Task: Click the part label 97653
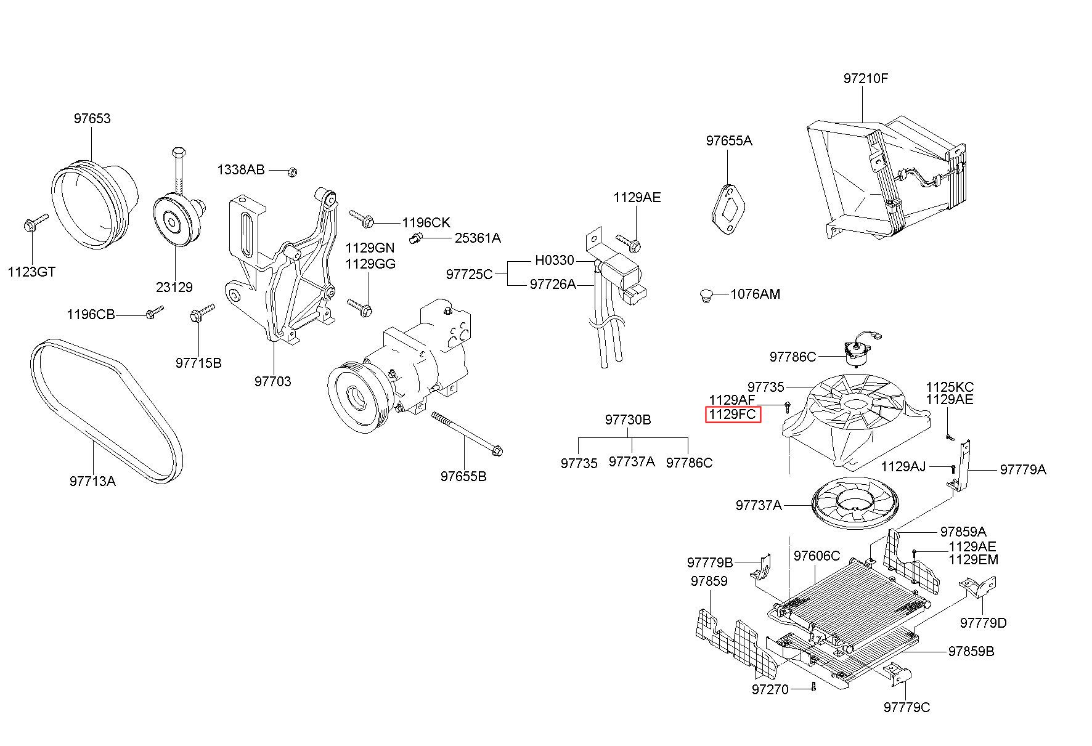tap(92, 118)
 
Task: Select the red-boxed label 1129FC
tap(733, 415)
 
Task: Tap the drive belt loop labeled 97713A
tap(106, 409)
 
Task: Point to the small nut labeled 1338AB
tap(293, 171)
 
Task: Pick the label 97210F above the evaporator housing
tap(866, 79)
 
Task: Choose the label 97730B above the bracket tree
tap(628, 420)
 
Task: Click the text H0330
tap(555, 261)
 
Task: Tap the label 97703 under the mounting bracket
tap(273, 382)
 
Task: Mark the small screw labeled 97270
tap(813, 687)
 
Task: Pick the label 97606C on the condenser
tap(817, 556)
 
